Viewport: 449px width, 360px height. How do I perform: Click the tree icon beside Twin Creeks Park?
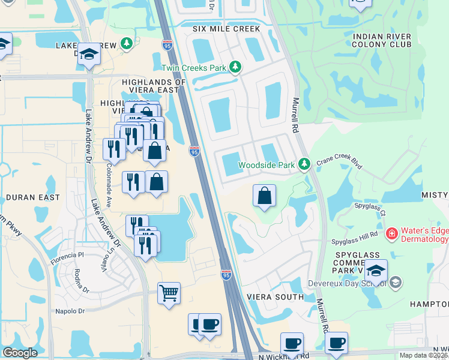click(236, 67)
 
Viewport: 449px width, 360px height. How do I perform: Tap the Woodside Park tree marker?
click(305, 164)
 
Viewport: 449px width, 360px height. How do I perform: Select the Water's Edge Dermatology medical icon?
click(391, 233)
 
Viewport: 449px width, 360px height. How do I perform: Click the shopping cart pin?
click(169, 294)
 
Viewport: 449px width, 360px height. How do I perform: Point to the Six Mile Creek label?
click(226, 29)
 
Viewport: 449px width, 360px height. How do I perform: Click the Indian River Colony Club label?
click(382, 40)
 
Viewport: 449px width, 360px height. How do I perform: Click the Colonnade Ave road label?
click(109, 185)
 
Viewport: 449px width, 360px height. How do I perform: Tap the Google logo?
click(20, 353)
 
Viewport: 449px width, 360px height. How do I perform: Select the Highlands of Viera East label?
click(150, 86)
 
